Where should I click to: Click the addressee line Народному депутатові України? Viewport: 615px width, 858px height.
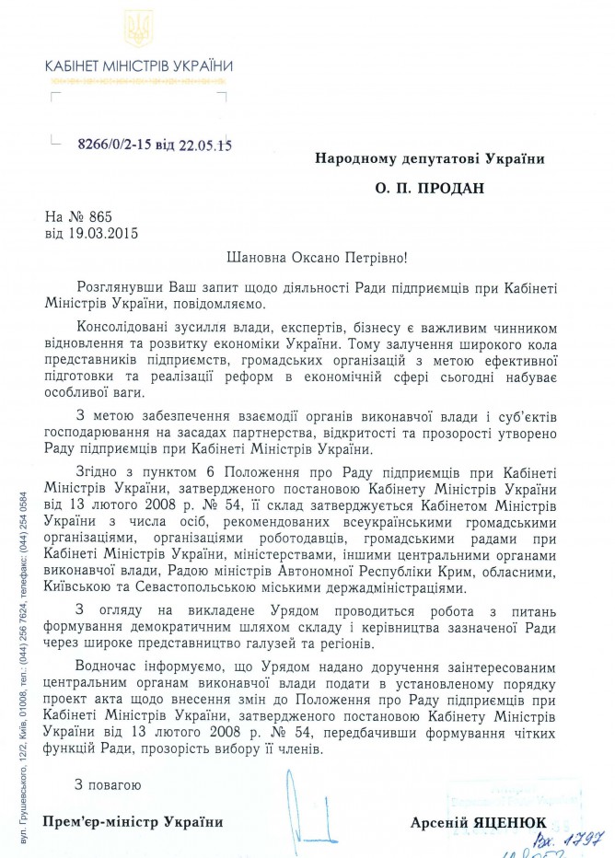429,158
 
